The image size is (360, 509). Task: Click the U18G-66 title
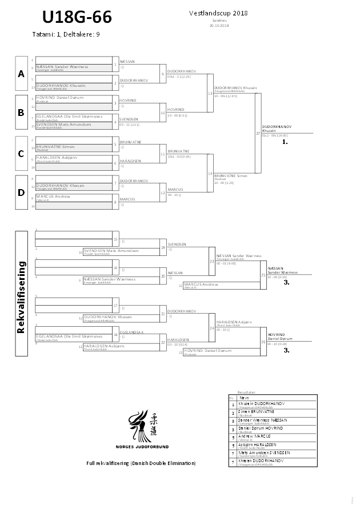[x=72, y=15]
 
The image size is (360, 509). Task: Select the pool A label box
[x=21, y=73]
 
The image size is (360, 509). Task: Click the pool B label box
[x=21, y=113]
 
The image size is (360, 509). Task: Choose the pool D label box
[x=21, y=192]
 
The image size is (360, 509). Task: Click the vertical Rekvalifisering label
[x=21, y=297]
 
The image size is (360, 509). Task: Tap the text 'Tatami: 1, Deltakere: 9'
[x=66, y=34]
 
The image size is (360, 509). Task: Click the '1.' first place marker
[x=285, y=139]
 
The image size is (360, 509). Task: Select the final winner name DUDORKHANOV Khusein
[x=277, y=128]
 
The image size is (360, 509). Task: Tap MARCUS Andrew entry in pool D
[x=54, y=196]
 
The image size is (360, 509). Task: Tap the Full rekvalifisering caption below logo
[x=141, y=463]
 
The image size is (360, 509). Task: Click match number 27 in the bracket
[x=258, y=133]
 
